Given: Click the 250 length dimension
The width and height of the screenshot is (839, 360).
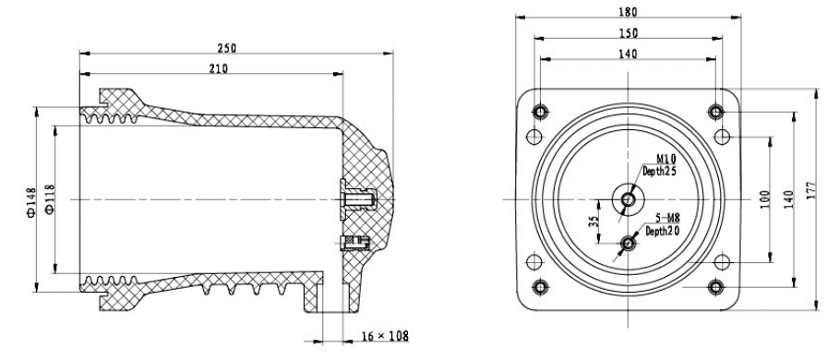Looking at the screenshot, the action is (x=227, y=48).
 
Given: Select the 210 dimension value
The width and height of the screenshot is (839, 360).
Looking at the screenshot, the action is (x=219, y=68).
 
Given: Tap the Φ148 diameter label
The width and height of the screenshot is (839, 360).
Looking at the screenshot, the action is (x=30, y=202).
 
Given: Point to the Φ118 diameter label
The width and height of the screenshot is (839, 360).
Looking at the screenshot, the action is (x=50, y=199).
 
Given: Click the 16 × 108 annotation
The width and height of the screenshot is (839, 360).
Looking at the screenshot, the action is (x=385, y=336).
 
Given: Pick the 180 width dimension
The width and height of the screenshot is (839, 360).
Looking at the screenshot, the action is (x=629, y=12).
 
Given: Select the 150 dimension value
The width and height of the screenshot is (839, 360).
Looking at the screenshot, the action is (x=629, y=33).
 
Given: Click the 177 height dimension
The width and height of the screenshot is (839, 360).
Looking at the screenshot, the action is (x=810, y=191).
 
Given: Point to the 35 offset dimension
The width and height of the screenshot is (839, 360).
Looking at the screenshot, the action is (x=593, y=222).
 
